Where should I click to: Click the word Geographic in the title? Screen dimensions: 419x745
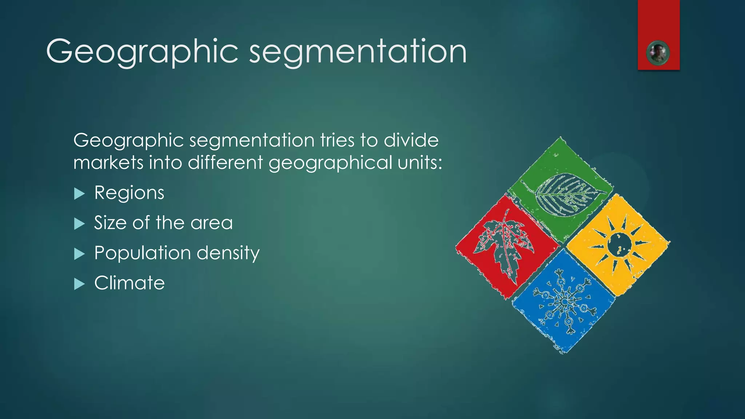pyautogui.click(x=142, y=52)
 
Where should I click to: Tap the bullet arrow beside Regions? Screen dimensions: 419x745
pyautogui.click(x=79, y=193)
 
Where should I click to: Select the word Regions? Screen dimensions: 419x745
pyautogui.click(x=129, y=193)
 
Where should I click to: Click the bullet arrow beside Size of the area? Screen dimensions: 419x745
pyautogui.click(x=79, y=224)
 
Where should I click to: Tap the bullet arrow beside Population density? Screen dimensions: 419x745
pyautogui.click(x=79, y=254)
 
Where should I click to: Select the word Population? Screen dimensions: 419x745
pyautogui.click(x=142, y=253)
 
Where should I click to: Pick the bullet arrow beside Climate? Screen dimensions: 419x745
pyautogui.click(x=79, y=284)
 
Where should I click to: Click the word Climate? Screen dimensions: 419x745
pyautogui.click(x=130, y=283)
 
